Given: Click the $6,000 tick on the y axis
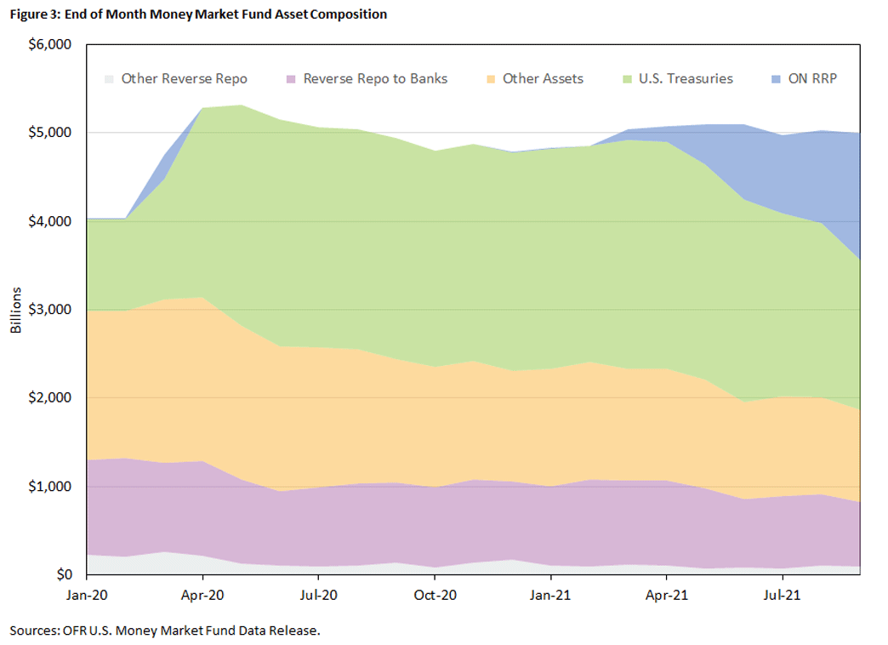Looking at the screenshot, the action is tap(50, 44).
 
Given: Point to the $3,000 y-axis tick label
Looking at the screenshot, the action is tap(50, 310).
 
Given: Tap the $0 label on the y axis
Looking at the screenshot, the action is tap(64, 574).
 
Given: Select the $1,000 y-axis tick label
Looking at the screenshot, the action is tap(50, 486).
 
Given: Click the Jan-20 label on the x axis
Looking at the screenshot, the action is tap(87, 595).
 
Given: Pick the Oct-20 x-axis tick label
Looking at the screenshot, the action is tap(435, 595).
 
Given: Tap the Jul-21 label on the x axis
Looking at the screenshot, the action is tap(782, 595).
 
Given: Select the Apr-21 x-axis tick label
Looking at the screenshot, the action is tap(667, 595).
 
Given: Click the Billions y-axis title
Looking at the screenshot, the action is tap(16, 310).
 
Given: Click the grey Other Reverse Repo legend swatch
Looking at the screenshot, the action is tap(109, 79).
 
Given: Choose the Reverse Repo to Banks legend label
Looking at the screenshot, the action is tap(375, 79).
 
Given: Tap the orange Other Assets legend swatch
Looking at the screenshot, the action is tap(491, 79).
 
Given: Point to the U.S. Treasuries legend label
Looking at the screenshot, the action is tap(686, 79).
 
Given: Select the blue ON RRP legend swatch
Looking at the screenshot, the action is tap(776, 79).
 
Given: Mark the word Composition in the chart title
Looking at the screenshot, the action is tap(348, 14).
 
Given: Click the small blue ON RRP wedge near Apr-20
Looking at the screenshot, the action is tap(177, 150).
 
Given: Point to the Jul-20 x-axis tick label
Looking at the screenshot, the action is tap(318, 595).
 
